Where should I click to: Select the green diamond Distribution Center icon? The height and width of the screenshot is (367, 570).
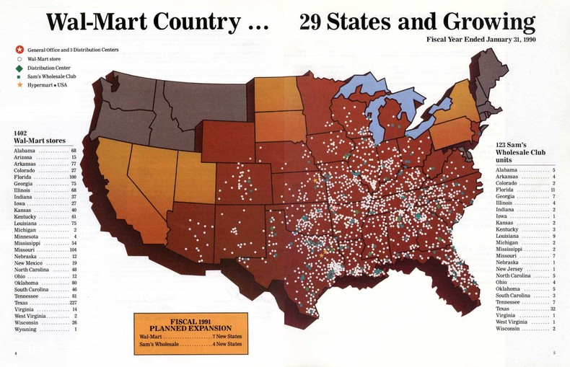coord(19,67)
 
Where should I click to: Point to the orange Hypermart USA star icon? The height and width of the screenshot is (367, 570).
coord(19,85)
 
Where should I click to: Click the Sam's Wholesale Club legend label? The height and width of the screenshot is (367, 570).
coord(53,76)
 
